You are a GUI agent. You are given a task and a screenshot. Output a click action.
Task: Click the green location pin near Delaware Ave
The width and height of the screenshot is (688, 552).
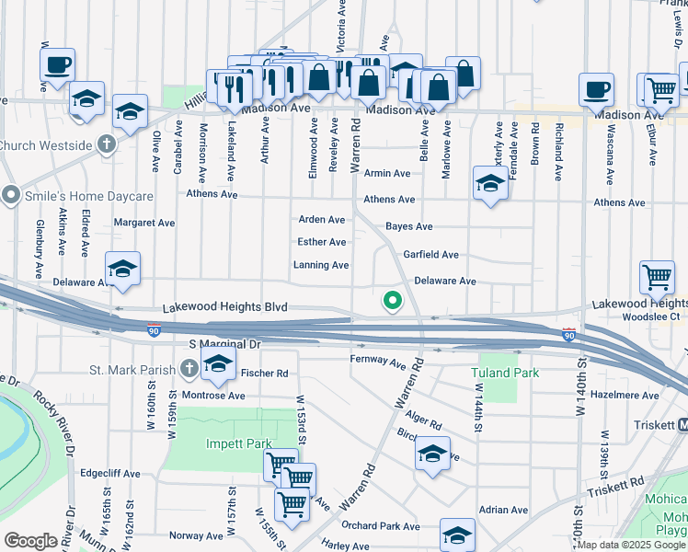(x=392, y=301)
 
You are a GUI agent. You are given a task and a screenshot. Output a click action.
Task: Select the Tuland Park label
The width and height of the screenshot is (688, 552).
(x=504, y=373)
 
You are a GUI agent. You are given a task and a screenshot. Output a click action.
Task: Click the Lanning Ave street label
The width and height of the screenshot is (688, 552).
(x=320, y=265)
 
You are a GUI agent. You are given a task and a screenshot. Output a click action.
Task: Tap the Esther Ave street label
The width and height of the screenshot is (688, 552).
(x=322, y=242)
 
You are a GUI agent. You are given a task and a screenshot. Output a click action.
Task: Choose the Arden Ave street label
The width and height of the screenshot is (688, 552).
(x=322, y=220)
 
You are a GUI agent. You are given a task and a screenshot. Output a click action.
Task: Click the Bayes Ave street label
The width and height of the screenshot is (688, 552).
(x=408, y=226)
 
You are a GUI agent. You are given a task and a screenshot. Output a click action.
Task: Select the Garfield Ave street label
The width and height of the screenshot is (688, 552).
(x=430, y=255)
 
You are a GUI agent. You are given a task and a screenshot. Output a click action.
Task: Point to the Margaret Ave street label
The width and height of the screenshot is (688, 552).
(x=143, y=223)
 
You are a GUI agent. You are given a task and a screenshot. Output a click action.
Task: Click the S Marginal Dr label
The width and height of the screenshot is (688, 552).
(x=224, y=343)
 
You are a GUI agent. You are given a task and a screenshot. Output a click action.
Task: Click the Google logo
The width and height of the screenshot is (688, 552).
(x=30, y=540)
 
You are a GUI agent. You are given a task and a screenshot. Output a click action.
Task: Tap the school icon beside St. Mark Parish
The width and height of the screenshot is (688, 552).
(x=219, y=365)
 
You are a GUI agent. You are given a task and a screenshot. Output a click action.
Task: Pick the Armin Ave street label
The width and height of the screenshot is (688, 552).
(x=387, y=173)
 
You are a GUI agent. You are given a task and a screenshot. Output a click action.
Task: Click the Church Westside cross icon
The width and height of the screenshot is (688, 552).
(x=109, y=144)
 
